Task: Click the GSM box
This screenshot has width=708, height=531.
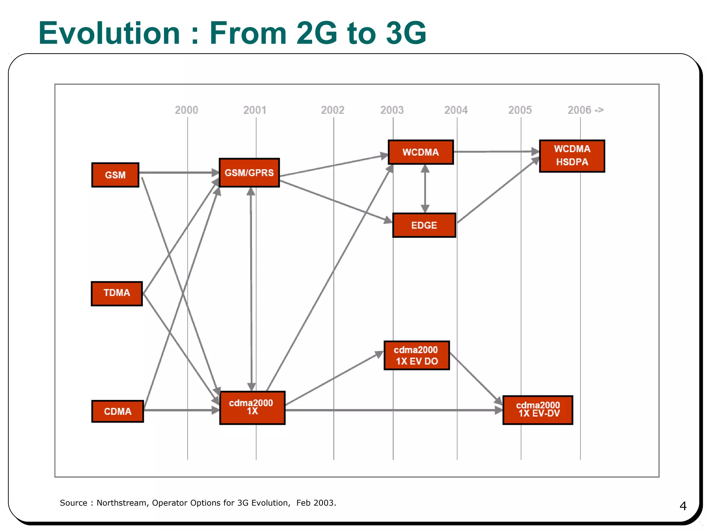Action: tap(115, 175)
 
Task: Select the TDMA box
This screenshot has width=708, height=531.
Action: tap(117, 294)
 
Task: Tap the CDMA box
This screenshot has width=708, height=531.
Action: tap(118, 411)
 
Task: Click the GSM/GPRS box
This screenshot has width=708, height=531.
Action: tap(249, 173)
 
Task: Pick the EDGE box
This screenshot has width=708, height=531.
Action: tap(424, 225)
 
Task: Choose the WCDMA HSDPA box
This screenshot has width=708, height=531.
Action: tap(572, 156)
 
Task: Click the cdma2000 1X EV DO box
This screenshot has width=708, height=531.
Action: tap(417, 355)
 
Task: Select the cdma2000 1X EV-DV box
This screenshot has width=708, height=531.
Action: tap(538, 410)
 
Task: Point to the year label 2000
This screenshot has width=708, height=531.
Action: tap(186, 110)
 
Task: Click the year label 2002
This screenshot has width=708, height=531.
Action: tap(333, 110)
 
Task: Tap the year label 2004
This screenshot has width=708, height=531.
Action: tap(456, 110)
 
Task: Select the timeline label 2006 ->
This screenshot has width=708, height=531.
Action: tap(586, 110)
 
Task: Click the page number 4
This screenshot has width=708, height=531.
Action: tap(683, 506)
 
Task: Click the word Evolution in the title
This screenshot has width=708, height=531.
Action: tap(110, 33)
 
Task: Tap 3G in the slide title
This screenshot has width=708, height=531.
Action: tap(406, 33)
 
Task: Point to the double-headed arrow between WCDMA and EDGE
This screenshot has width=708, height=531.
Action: tap(425, 189)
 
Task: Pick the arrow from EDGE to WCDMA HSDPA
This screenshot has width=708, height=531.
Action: tap(498, 191)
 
